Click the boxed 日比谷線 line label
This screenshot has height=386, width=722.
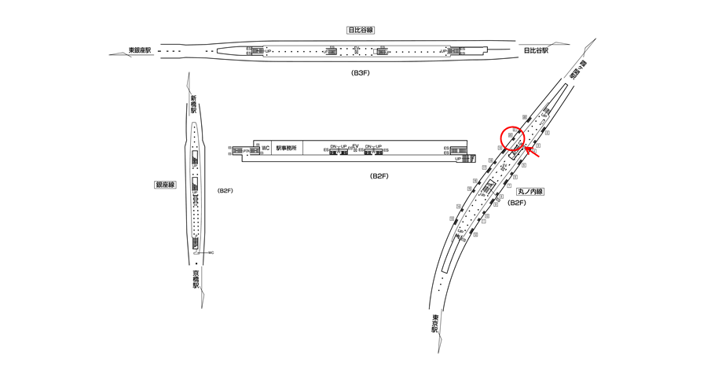point(361,30)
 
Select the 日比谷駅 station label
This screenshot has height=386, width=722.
point(535,51)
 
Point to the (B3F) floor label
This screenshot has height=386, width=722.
point(361,72)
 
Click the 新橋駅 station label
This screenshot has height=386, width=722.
point(193,105)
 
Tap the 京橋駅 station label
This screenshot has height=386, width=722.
point(195,279)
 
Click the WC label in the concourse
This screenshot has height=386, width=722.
point(266,148)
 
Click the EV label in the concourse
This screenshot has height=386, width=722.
point(355,146)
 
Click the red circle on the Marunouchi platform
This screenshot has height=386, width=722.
point(512,138)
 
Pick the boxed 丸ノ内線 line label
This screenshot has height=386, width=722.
point(530,191)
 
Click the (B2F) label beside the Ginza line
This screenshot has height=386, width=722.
point(224,191)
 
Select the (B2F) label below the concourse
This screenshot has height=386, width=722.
point(380,175)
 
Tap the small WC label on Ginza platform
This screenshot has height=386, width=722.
point(211,252)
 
